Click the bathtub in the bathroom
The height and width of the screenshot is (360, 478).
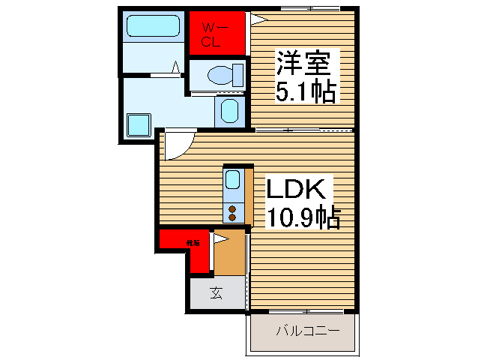tap(152, 27)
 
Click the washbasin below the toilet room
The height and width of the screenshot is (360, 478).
tap(229, 111)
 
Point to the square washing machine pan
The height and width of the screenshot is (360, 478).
tap(138, 124)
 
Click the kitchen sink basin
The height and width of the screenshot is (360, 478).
tap(233, 180)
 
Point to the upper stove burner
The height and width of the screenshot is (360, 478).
tap(232, 208)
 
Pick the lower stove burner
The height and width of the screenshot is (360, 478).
tap(232, 217)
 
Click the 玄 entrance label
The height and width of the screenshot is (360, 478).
tap(216, 293)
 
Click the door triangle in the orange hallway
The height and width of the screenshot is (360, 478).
tap(220, 239)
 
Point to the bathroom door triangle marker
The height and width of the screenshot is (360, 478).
tap(176, 68)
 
